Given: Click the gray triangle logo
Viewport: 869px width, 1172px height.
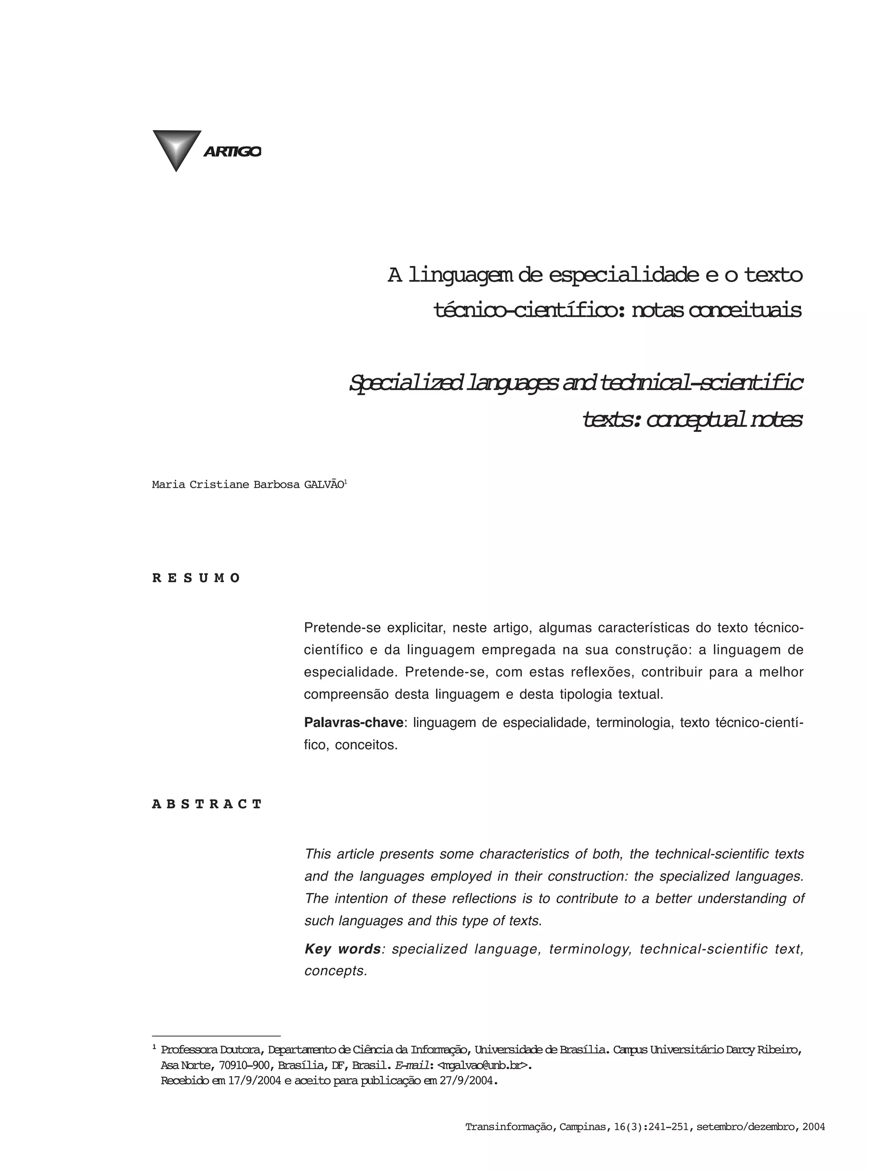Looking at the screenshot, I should click(176, 148).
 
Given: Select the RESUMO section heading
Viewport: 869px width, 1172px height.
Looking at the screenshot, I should click(196, 579).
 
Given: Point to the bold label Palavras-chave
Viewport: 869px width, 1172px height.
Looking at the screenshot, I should click(353, 723).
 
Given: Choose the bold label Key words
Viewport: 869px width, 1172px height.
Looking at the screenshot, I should click(342, 949).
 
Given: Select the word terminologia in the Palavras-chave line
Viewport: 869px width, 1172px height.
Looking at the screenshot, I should click(634, 723).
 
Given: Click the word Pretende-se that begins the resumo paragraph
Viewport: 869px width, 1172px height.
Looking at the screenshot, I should click(342, 628).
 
